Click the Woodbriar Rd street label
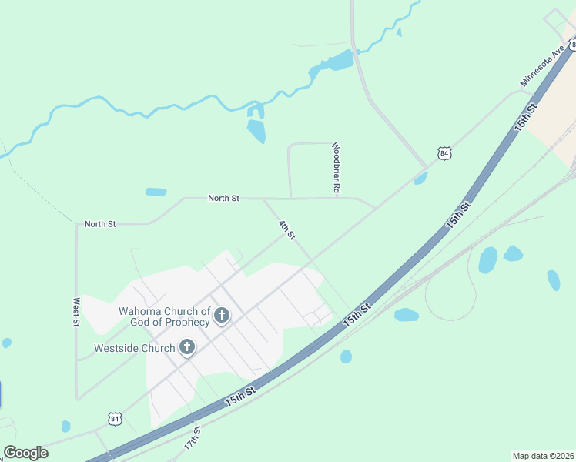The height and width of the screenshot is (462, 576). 336,167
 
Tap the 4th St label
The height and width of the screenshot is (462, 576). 286,229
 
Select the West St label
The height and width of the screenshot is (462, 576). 76,312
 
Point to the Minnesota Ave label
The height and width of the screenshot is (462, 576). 542,65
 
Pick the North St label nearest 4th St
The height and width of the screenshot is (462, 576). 223,199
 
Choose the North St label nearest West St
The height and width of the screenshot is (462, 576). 100,224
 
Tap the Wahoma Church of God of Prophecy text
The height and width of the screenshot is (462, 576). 163,316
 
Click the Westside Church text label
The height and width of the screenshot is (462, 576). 135,348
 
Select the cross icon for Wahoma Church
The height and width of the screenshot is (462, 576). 222,315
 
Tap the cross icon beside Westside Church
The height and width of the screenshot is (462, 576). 186,348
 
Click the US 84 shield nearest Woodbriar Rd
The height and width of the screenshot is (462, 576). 444,153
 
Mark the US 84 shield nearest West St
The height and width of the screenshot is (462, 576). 115,419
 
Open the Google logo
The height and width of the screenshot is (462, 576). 25,453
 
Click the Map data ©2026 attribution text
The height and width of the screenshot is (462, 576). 543,456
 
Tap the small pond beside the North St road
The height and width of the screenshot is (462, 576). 156,192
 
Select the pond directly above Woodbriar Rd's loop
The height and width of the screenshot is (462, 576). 256,131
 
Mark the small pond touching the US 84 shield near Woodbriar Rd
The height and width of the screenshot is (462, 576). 420,179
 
